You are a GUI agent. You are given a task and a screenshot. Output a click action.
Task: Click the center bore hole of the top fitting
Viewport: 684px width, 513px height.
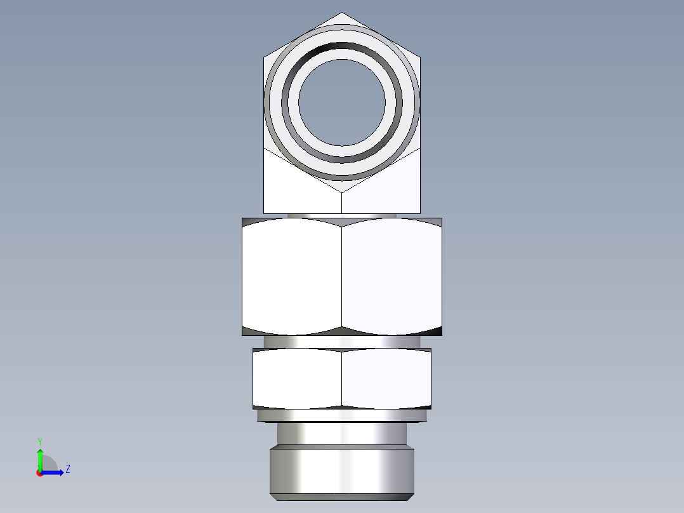(342, 102)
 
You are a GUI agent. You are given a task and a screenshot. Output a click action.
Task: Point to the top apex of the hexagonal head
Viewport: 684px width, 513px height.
(342, 13)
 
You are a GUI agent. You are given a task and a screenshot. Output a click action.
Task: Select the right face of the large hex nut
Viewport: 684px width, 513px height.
(391, 276)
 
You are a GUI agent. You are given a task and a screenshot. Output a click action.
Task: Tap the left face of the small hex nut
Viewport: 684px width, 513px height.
(297, 378)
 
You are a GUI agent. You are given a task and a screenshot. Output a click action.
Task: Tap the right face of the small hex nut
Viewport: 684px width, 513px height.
(386, 378)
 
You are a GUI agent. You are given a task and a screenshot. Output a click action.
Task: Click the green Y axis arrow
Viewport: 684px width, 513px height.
(40, 456)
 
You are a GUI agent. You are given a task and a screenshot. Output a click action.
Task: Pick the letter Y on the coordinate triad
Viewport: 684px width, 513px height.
(39, 441)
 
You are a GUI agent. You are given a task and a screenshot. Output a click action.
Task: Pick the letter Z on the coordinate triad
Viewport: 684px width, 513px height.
(67, 469)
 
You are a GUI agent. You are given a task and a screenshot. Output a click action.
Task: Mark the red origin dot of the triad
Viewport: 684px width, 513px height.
(40, 473)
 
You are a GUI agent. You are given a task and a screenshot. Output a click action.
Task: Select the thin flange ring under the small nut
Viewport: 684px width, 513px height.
(342, 415)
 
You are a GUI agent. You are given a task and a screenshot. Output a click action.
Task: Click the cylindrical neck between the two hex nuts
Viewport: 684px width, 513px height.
(342, 342)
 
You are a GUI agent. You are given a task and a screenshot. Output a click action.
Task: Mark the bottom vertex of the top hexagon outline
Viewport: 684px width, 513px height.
(342, 192)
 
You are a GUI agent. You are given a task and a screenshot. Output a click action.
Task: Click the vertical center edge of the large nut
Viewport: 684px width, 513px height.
(342, 276)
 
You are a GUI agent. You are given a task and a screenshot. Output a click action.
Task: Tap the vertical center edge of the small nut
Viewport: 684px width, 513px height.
(342, 378)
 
